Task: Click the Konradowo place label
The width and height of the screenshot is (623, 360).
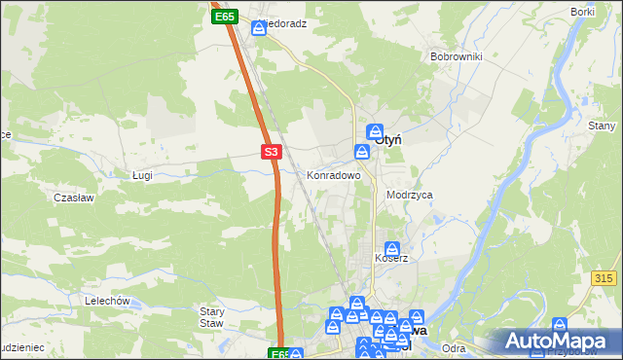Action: pyautogui.click(x=334, y=176)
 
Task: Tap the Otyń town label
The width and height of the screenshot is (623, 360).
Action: pyautogui.click(x=388, y=139)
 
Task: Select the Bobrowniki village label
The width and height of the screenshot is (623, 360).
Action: pyautogui.click(x=457, y=56)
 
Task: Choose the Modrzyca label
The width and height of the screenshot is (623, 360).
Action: pyautogui.click(x=409, y=195)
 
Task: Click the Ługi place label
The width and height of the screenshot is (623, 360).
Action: pyautogui.click(x=143, y=175)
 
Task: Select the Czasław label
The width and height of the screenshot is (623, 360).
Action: pyautogui.click(x=73, y=197)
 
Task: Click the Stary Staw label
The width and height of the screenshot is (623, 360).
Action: pyautogui.click(x=212, y=317)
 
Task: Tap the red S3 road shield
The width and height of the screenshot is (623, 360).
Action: pyautogui.click(x=272, y=152)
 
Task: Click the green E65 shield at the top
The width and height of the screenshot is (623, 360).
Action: pyautogui.click(x=225, y=17)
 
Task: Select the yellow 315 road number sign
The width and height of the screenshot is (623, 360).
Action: pyautogui.click(x=604, y=278)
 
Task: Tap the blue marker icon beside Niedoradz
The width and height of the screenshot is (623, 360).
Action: pyautogui.click(x=259, y=28)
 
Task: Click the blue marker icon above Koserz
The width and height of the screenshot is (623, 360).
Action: pyautogui.click(x=391, y=248)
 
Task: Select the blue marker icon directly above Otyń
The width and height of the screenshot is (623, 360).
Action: pyautogui.click(x=377, y=130)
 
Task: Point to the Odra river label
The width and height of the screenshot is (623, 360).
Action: pyautogui.click(x=453, y=347)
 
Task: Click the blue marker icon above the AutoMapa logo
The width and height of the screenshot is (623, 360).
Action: pyautogui.click(x=560, y=325)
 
